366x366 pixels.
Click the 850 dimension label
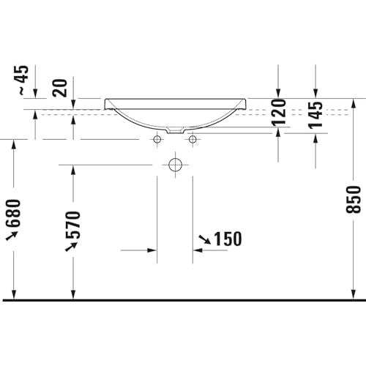(353, 199)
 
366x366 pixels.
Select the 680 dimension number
(13, 213)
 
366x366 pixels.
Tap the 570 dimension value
(73, 225)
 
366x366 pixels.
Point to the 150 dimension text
(228, 239)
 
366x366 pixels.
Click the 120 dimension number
(278, 113)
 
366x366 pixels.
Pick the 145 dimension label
(315, 115)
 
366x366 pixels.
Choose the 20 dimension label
(60, 88)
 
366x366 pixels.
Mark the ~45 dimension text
(23, 81)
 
